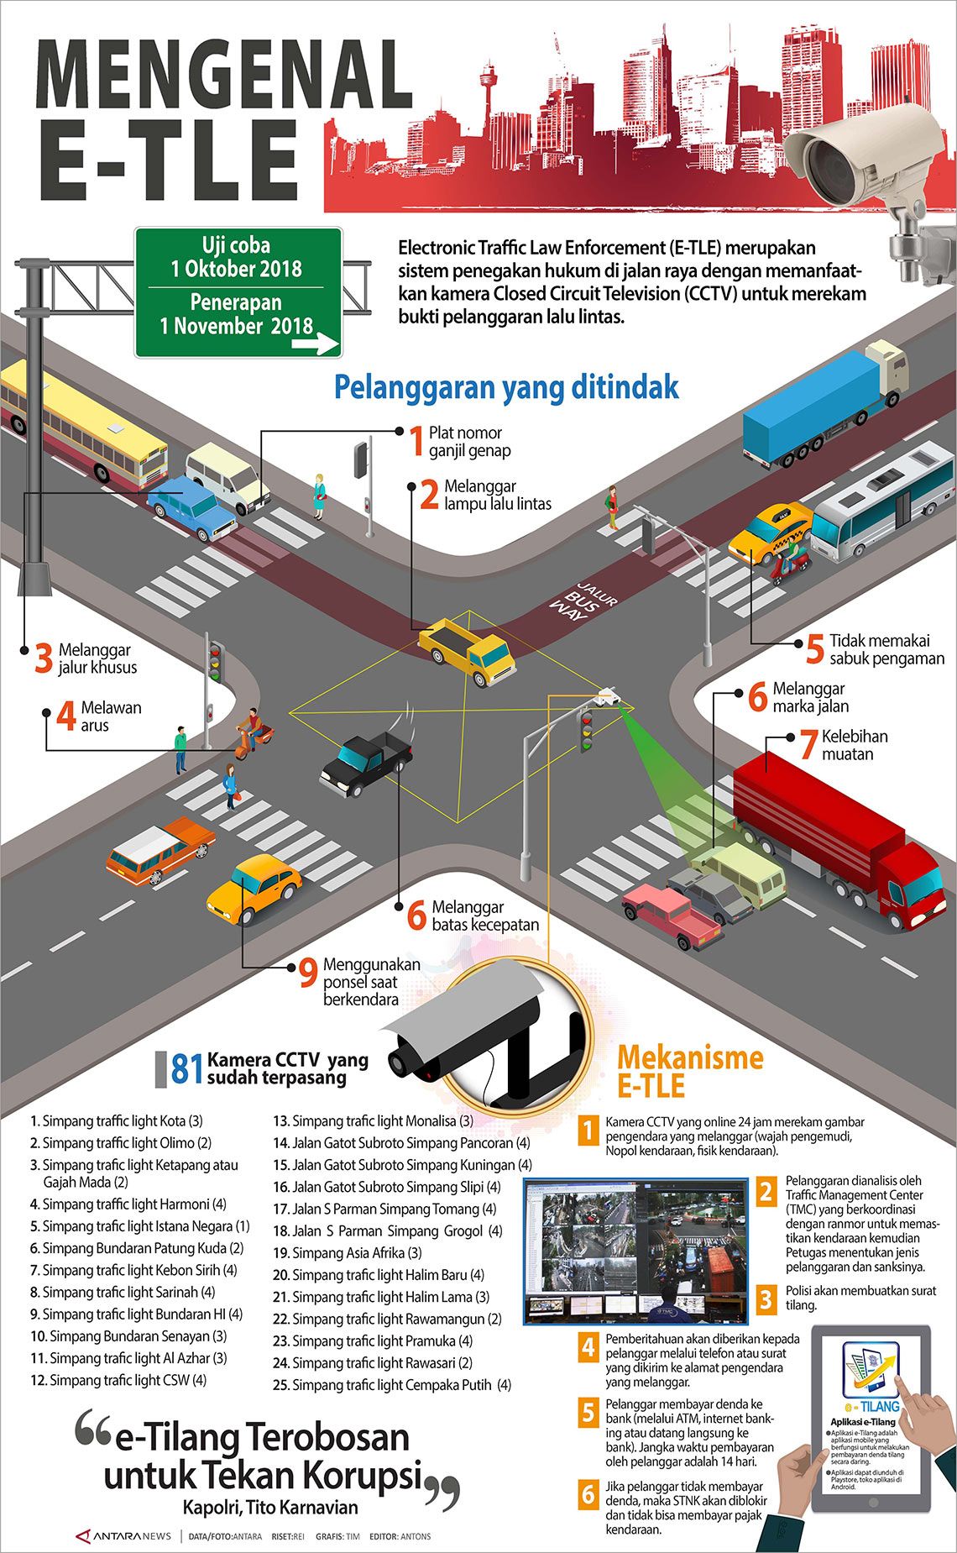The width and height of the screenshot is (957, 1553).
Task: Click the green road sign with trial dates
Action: pyautogui.click(x=238, y=291)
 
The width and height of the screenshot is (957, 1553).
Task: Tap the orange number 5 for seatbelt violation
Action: pyautogui.click(x=814, y=649)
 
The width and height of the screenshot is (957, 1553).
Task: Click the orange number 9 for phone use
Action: pyautogui.click(x=308, y=973)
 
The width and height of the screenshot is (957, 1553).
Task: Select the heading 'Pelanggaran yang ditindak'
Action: pyautogui.click(x=506, y=388)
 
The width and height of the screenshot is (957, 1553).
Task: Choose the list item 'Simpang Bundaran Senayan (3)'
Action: pyautogui.click(x=129, y=1335)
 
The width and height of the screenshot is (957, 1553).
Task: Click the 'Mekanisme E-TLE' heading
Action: pyautogui.click(x=690, y=1071)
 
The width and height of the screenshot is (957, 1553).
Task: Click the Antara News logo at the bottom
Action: pyautogui.click(x=124, y=1536)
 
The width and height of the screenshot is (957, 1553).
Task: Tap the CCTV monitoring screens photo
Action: pyautogui.click(x=635, y=1249)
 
